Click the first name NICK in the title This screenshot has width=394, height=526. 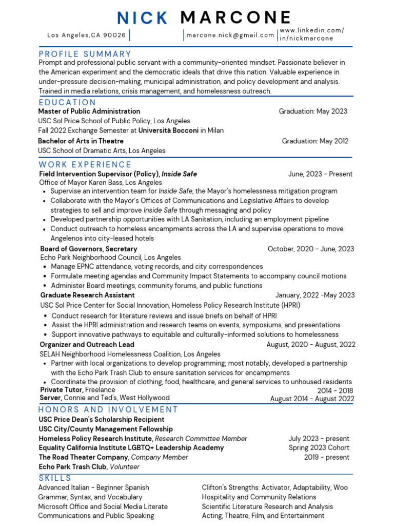click(143, 18)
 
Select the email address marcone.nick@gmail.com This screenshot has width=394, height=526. click(230, 35)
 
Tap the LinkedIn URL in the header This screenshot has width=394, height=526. click(311, 34)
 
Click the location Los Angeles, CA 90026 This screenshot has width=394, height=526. click(86, 35)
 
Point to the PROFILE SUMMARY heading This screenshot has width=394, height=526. click(85, 54)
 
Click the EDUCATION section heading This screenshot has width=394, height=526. click(67, 102)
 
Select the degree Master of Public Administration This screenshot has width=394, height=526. click(89, 111)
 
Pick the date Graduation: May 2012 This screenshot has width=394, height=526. click(315, 141)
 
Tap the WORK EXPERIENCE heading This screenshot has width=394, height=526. click(85, 164)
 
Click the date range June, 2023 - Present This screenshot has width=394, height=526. click(320, 174)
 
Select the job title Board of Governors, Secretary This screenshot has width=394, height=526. click(89, 249)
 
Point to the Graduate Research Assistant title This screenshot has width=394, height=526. click(87, 295)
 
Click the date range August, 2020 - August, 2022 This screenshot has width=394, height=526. click(310, 345)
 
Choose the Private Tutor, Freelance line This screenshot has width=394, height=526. click(77, 390)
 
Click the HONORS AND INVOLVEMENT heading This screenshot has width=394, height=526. click(108, 409)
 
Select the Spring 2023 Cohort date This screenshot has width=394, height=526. click(319, 448)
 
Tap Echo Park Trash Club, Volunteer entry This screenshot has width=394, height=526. click(89, 467)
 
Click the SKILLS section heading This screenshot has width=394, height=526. click(55, 478)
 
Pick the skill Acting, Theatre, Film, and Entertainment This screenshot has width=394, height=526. click(263, 516)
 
